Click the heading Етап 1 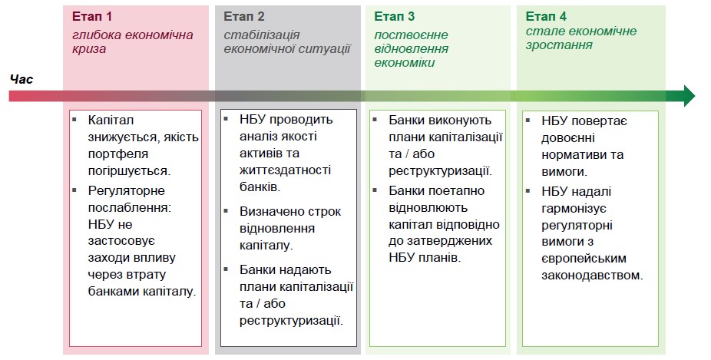pos(91,17)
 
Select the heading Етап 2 pos(243,17)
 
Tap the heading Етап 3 pos(394,17)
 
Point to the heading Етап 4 pos(546,17)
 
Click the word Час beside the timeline pos(21,79)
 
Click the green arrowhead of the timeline pos(687,96)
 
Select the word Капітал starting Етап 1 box pos(111,121)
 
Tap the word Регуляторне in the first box pos(126,191)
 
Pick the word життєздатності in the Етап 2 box pos(285,170)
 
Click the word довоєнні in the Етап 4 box pos(567,138)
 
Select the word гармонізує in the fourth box pos(574,209)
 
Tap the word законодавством pos(592,276)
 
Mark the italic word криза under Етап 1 pos(89,49)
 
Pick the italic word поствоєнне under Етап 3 pos(411,35)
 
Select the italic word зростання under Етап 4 pos(559,45)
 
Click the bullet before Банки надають pos(226,269)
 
